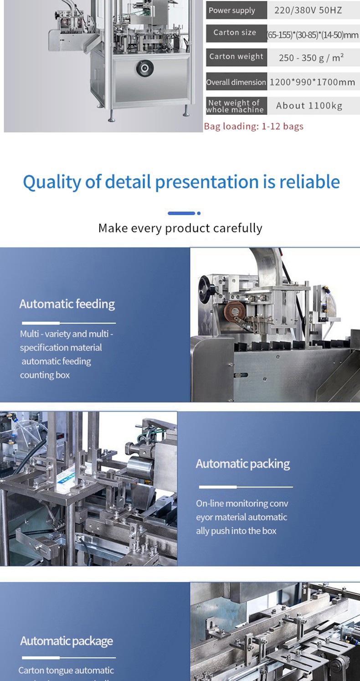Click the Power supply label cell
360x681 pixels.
pos(236,10)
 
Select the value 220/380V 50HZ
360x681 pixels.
pos(308,10)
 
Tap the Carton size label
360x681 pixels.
pos(235,32)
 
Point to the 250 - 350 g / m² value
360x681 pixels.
pos(311,57)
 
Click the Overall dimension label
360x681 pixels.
pos(236,82)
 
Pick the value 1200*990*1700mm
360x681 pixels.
pos(312,82)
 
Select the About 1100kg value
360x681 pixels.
pos(309,105)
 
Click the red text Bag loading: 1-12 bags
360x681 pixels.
pos(253,126)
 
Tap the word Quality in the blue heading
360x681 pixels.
pos(52,182)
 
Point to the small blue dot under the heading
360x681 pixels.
pos(199,213)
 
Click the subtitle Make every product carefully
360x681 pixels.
pos(180,228)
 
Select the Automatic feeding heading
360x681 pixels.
pos(67,304)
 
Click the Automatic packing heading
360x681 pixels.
pos(242,464)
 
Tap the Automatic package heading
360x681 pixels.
pos(67,641)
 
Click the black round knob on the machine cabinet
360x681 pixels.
pos(145,67)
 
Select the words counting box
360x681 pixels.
pos(45,375)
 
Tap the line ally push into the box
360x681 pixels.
pos(236,531)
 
